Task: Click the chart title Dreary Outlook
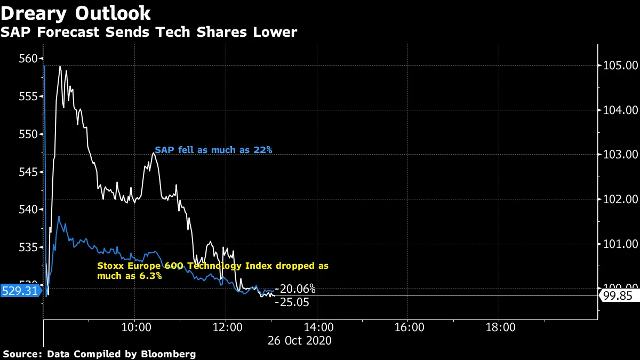75,13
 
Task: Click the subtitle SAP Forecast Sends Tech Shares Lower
148,33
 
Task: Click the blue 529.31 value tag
20,291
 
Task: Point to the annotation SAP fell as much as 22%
213,150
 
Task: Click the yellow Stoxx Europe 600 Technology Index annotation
212,271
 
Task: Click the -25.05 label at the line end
292,302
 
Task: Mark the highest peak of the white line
60,67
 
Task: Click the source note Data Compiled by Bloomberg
99,354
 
